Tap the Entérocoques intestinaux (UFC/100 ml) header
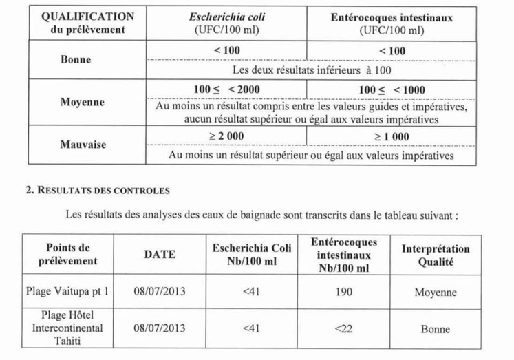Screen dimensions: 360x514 [x=392, y=23]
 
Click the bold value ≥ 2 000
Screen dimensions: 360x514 [x=226, y=136]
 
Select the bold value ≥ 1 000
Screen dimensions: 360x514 [x=392, y=136]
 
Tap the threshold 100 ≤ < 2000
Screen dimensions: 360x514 [x=226, y=90]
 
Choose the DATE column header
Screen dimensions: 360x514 [x=159, y=255]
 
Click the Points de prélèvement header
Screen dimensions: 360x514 [x=68, y=255]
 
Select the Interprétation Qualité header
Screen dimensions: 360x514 [x=435, y=255]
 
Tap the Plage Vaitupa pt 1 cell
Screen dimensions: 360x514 [x=67, y=292]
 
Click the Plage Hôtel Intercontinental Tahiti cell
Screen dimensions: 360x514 [x=67, y=328]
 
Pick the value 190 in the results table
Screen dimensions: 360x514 [x=342, y=292]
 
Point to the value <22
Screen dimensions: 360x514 [x=342, y=328]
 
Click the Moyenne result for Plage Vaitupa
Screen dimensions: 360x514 [x=435, y=293]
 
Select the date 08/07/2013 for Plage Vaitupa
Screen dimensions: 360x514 [x=159, y=292]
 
